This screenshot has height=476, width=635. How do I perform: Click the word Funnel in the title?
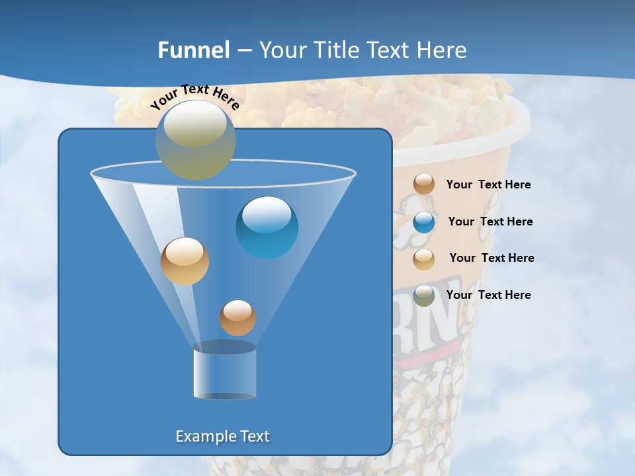[193, 50]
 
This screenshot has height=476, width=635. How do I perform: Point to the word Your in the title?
[282, 50]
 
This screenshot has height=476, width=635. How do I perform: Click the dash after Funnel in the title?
[243, 51]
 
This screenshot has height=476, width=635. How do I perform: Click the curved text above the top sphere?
[194, 97]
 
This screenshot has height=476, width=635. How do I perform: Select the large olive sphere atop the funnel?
[195, 140]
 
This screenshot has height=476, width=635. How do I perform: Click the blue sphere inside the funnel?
[267, 227]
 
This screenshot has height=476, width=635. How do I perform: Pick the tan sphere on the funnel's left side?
[185, 261]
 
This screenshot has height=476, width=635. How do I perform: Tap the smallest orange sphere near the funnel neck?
[237, 318]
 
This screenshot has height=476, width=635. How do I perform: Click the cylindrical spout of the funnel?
[224, 372]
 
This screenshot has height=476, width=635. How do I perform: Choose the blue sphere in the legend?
[424, 222]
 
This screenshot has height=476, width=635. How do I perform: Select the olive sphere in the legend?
[424, 296]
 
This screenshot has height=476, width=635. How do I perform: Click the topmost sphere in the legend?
[424, 184]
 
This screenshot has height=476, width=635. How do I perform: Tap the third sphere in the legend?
[424, 258]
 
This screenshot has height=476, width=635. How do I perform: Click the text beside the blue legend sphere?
[490, 221]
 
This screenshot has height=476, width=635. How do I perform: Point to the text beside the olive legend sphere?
[488, 295]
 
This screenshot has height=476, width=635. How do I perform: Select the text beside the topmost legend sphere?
[488, 184]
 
